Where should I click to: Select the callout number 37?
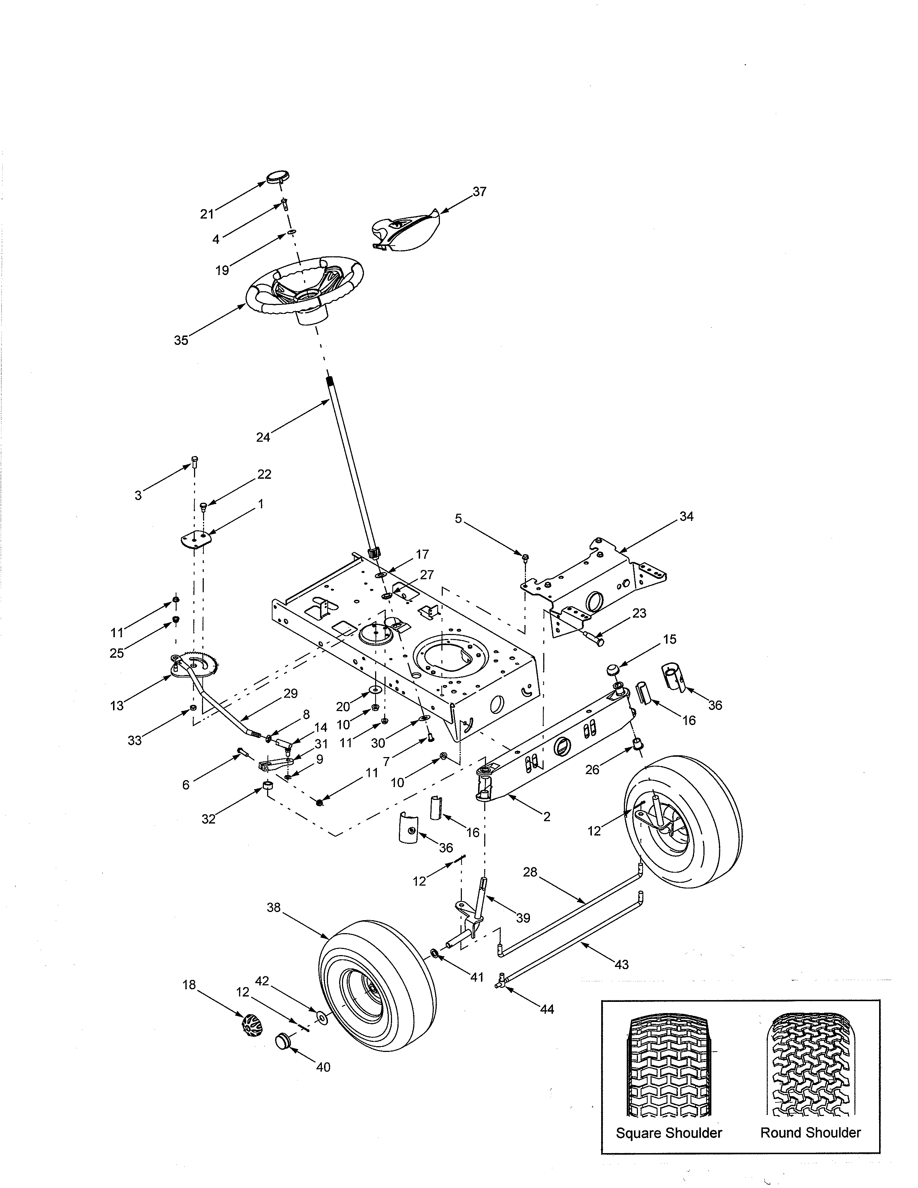479,192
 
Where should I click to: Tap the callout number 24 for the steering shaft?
263,437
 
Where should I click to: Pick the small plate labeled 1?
196,540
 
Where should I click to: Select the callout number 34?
686,516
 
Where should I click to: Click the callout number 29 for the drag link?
291,694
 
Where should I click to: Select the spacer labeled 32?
267,786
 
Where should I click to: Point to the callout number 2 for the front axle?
546,816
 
